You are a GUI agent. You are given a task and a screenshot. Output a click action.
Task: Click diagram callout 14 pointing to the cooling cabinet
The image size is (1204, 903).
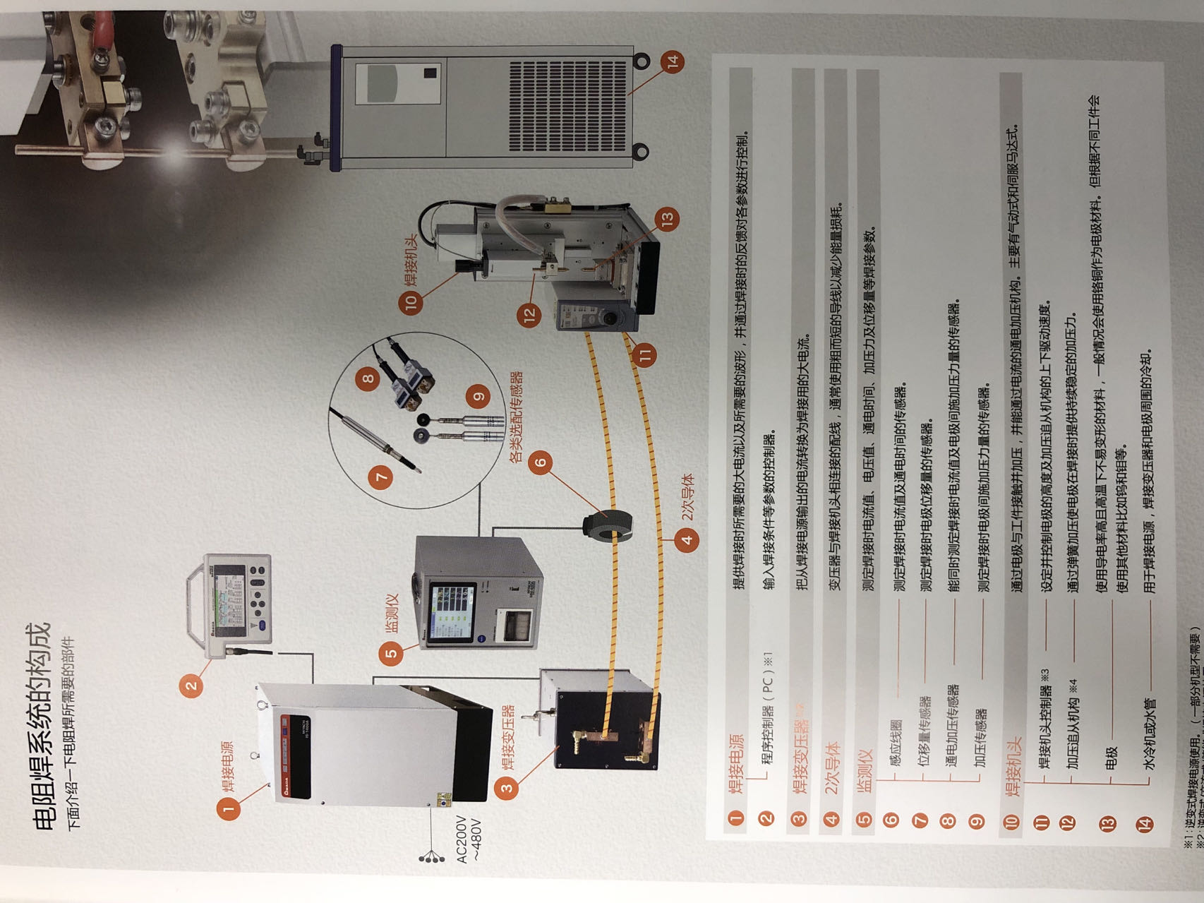(673, 61)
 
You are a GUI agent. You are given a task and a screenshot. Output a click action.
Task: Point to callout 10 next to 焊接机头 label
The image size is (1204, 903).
(411, 302)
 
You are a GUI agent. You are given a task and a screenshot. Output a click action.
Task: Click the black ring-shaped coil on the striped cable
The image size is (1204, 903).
(606, 526)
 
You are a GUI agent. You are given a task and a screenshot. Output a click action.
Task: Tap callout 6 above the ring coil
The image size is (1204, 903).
(541, 463)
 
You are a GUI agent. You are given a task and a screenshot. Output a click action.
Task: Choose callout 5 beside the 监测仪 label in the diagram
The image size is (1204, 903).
(391, 653)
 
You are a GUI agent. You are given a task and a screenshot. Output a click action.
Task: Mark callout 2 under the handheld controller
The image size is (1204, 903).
(191, 684)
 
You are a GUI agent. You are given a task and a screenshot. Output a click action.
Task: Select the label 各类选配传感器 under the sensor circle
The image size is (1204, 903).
(516, 417)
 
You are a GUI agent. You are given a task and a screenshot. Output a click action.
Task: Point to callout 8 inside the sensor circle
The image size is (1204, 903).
(368, 378)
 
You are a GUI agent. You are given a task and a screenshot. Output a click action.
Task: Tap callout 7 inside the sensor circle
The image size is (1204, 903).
(382, 477)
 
